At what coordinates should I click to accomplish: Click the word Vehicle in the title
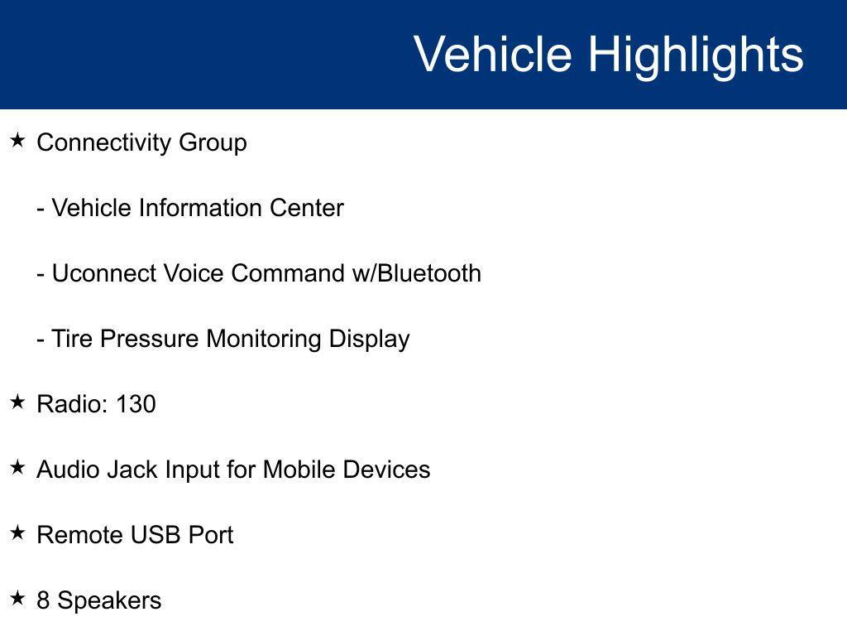[x=493, y=54]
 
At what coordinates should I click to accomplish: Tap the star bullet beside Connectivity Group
[x=18, y=141]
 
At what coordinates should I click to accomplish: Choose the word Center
[x=307, y=208]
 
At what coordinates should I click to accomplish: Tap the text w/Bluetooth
[x=417, y=273]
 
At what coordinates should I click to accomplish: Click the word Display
[x=369, y=340]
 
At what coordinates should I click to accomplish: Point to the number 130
[x=136, y=404]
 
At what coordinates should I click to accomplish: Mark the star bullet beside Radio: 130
[x=18, y=402]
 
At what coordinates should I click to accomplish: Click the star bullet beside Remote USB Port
[x=18, y=532]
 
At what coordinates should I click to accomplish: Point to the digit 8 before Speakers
[x=43, y=600]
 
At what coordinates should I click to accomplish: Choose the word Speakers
[x=109, y=601]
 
